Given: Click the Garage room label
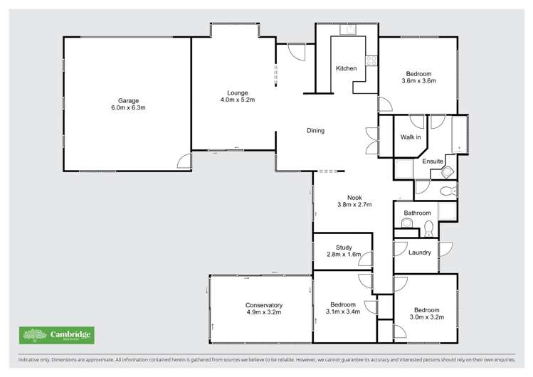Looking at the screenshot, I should click(x=128, y=100).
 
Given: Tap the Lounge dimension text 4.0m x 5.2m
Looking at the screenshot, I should click(x=237, y=100).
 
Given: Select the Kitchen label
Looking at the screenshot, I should click(x=347, y=68).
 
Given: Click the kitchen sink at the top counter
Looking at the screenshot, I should click(x=349, y=29).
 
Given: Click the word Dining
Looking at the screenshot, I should click(x=315, y=130).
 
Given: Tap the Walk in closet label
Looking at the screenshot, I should click(x=411, y=137).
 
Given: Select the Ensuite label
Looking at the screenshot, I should click(x=433, y=161).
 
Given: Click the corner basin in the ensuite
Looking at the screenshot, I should click(x=448, y=173).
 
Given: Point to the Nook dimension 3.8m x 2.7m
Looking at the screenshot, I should click(x=354, y=205).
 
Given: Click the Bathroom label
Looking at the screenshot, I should click(x=417, y=213).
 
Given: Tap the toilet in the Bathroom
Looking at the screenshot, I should click(x=428, y=228).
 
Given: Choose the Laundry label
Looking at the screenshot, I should click(x=419, y=252).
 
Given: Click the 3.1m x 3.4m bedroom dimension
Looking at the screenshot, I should click(x=343, y=311).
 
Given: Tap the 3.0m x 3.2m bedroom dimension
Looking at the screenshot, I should click(x=427, y=317).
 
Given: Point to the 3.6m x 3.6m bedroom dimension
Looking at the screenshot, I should click(x=418, y=81).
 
